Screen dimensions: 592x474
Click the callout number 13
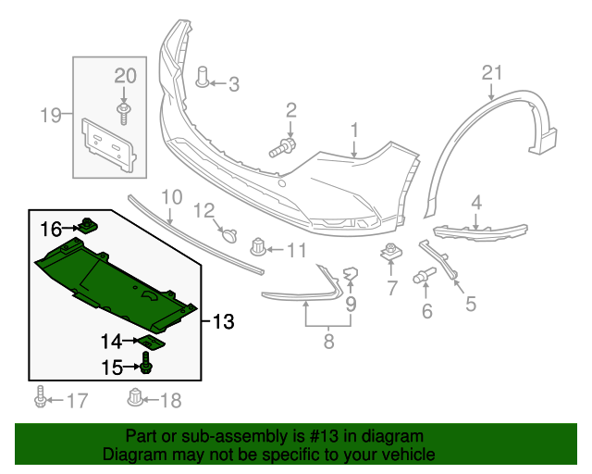(x=224, y=321)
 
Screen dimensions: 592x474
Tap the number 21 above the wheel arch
(x=492, y=72)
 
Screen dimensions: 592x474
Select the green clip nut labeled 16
(x=89, y=226)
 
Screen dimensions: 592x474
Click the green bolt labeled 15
(x=146, y=363)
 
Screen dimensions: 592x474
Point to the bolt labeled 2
(x=282, y=148)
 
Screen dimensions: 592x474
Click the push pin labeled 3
(x=203, y=77)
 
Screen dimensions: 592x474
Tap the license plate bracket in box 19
(x=109, y=145)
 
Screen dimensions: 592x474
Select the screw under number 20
(x=123, y=114)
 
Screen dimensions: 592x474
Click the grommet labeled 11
(x=258, y=246)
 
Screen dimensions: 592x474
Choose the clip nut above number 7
(x=391, y=253)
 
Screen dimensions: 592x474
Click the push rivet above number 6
(x=425, y=276)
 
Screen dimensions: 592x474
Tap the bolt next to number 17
(x=40, y=397)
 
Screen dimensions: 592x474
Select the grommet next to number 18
(x=135, y=398)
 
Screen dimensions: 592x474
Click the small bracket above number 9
(x=351, y=274)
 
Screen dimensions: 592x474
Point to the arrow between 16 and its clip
(x=70, y=228)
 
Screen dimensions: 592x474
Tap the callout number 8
(x=329, y=342)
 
